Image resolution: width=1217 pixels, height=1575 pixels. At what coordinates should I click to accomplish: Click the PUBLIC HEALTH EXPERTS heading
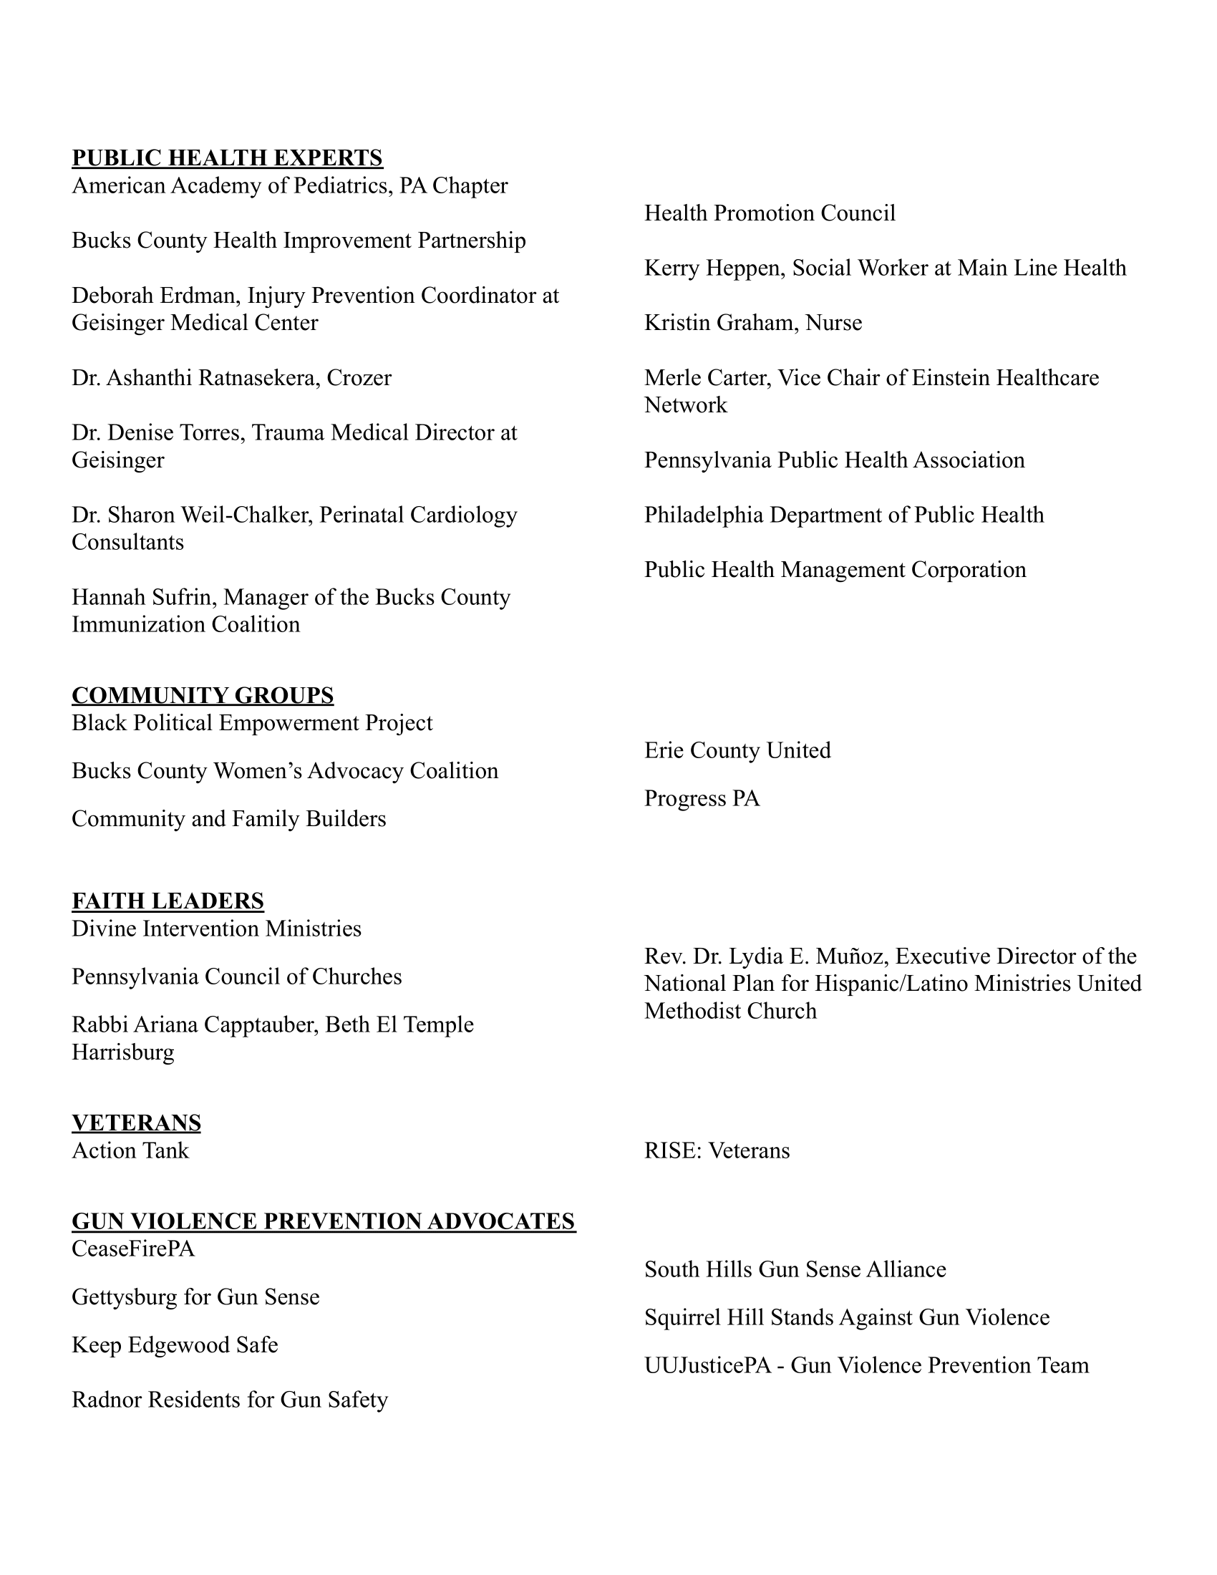pyautogui.click(x=227, y=158)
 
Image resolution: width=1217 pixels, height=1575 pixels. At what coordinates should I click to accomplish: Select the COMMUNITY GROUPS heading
pyautogui.click(x=203, y=695)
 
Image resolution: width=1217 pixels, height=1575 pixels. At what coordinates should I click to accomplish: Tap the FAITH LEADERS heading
pyautogui.click(x=168, y=901)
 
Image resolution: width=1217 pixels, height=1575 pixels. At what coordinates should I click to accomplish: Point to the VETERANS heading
pyautogui.click(x=136, y=1123)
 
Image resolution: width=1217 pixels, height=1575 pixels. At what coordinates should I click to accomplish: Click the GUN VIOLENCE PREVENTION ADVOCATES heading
pyautogui.click(x=324, y=1221)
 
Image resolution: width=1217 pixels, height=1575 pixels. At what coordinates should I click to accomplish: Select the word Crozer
pyautogui.click(x=359, y=378)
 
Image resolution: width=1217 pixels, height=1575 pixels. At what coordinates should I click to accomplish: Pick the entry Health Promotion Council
pyautogui.click(x=770, y=213)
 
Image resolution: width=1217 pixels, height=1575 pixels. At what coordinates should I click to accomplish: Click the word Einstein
pyautogui.click(x=954, y=378)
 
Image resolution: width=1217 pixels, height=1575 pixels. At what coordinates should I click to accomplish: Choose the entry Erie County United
pyautogui.click(x=737, y=751)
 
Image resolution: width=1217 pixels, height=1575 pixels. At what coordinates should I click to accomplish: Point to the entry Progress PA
pyautogui.click(x=702, y=799)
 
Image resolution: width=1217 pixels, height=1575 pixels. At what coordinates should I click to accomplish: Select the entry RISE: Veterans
pyautogui.click(x=717, y=1150)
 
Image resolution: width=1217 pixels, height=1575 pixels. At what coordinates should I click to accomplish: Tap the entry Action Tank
pyautogui.click(x=130, y=1150)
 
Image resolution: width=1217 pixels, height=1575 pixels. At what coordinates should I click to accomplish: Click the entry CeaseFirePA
pyautogui.click(x=133, y=1249)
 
